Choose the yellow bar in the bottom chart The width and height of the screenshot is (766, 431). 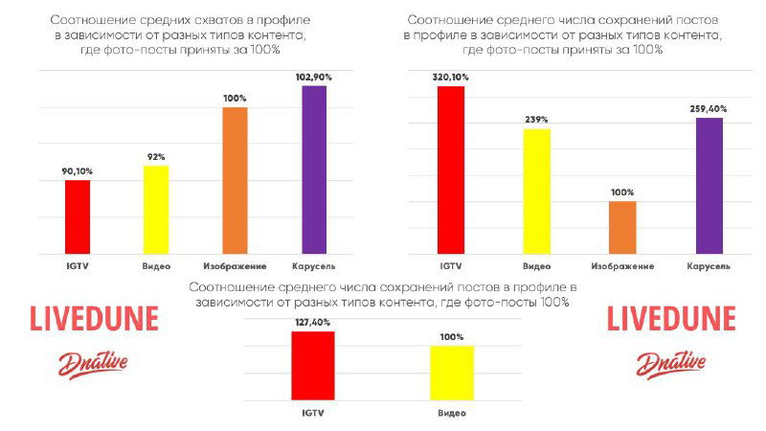click(x=452, y=373)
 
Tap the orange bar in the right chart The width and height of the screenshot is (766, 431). click(x=622, y=228)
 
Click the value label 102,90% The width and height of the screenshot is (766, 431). click(x=314, y=76)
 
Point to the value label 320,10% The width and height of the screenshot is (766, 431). click(x=450, y=77)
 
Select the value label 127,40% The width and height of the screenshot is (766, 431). click(x=319, y=323)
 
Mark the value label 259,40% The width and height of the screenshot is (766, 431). click(x=709, y=109)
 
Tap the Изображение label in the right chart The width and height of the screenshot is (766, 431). click(x=622, y=265)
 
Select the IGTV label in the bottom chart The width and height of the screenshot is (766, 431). click(x=319, y=412)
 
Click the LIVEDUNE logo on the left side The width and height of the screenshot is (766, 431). click(x=93, y=319)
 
